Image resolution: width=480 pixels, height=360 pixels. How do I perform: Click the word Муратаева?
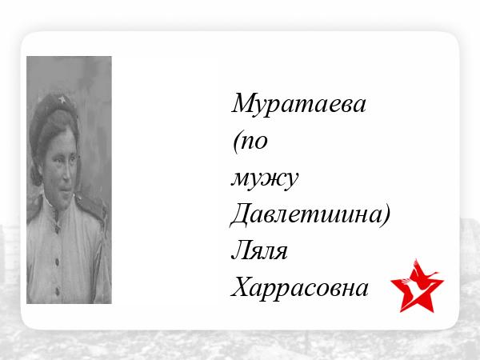point(298,104)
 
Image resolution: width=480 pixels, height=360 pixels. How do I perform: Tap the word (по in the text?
point(250,142)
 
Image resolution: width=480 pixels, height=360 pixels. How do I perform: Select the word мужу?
point(265,180)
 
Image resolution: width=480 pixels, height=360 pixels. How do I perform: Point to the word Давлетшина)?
point(310,215)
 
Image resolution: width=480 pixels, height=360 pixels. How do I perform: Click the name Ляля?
point(259,250)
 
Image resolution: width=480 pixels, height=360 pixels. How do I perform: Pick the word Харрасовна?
point(300,287)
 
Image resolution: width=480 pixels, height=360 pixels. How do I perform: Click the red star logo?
point(417,286)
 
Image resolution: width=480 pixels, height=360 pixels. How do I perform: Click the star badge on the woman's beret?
point(62,99)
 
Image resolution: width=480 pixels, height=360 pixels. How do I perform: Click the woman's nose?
point(66,173)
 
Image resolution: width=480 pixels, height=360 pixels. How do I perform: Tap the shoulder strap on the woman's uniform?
point(91,205)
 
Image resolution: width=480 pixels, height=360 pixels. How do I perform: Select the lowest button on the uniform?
point(58,290)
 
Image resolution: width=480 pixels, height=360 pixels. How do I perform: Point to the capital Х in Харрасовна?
point(242,287)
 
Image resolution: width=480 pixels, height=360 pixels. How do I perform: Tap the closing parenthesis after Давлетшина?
point(386,215)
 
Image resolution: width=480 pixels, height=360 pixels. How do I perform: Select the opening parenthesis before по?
point(236,142)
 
